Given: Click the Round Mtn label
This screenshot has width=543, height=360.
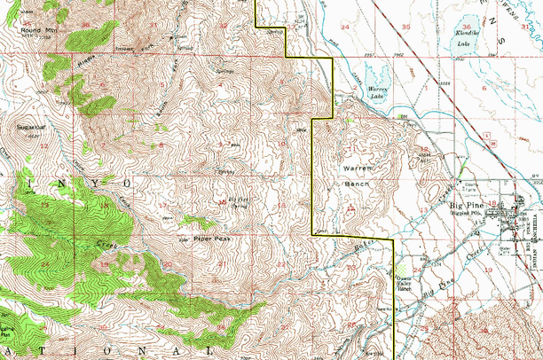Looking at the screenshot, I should pos(33,30).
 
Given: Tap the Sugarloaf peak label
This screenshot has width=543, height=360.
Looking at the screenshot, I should pos(31,127).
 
